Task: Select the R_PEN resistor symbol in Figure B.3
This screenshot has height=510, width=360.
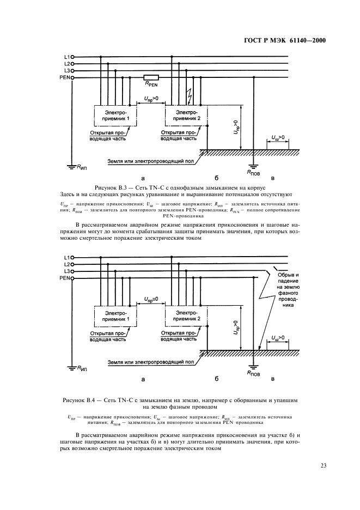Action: point(151,78)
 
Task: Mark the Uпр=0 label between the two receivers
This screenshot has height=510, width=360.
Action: point(151,299)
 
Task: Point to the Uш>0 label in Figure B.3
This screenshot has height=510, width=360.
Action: point(277,138)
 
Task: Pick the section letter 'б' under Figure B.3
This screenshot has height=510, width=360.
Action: point(216,177)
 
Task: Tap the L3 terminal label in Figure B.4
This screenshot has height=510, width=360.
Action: point(66,271)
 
